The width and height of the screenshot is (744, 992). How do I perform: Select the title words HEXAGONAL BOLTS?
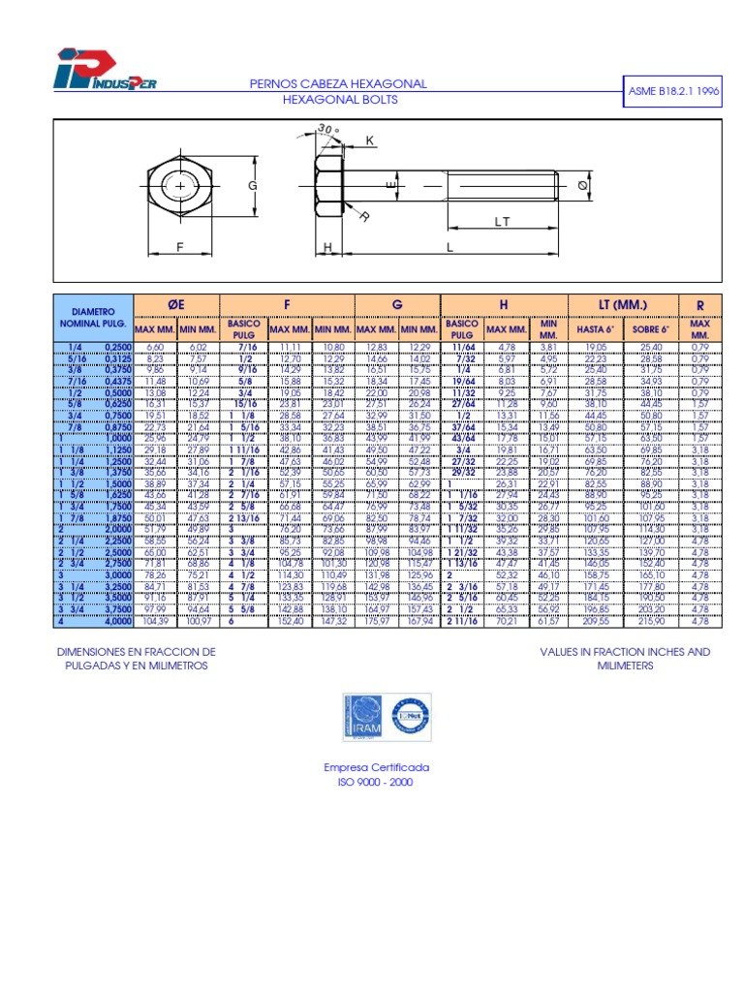[338, 100]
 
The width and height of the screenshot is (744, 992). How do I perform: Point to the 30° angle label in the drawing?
[328, 129]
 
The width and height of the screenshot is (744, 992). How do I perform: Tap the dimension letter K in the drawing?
[370, 141]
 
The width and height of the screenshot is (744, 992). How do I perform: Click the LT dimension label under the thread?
[501, 222]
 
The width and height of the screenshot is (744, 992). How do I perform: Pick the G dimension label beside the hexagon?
[252, 185]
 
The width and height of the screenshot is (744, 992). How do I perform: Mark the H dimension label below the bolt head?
[328, 248]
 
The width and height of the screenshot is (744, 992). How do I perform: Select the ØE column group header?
[176, 305]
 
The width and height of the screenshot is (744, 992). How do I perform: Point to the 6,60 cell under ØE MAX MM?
[155, 346]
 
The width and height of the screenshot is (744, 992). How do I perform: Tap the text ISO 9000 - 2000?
[374, 781]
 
